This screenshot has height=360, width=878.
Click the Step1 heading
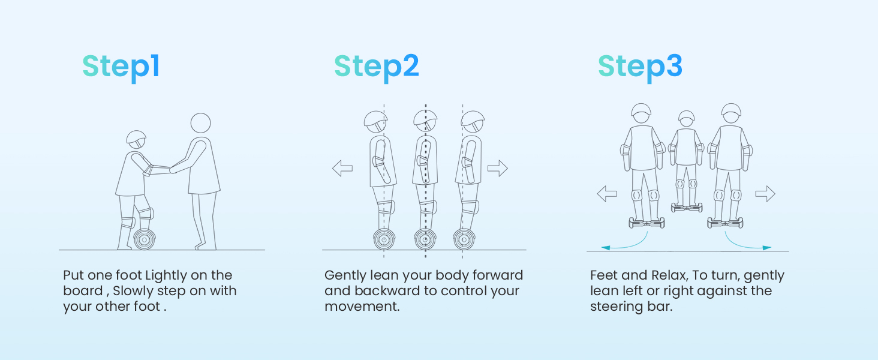pyautogui.click(x=121, y=67)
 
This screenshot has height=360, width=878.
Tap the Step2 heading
pyautogui.click(x=377, y=67)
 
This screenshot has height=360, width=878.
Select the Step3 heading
pyautogui.click(x=640, y=67)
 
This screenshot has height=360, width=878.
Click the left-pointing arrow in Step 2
pyautogui.click(x=342, y=168)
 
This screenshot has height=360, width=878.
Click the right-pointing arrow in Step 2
pyautogui.click(x=498, y=168)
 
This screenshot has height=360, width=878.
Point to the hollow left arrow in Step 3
pyautogui.click(x=607, y=194)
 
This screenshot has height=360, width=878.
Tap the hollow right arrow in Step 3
pyautogui.click(x=765, y=194)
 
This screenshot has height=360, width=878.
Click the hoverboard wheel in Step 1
pyautogui.click(x=145, y=239)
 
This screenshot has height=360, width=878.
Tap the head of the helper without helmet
pyautogui.click(x=201, y=123)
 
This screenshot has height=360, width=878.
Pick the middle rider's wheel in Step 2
pyautogui.click(x=425, y=239)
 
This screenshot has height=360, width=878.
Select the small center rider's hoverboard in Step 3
pyautogui.click(x=687, y=208)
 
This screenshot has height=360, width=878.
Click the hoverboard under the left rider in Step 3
pyautogui.click(x=647, y=223)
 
